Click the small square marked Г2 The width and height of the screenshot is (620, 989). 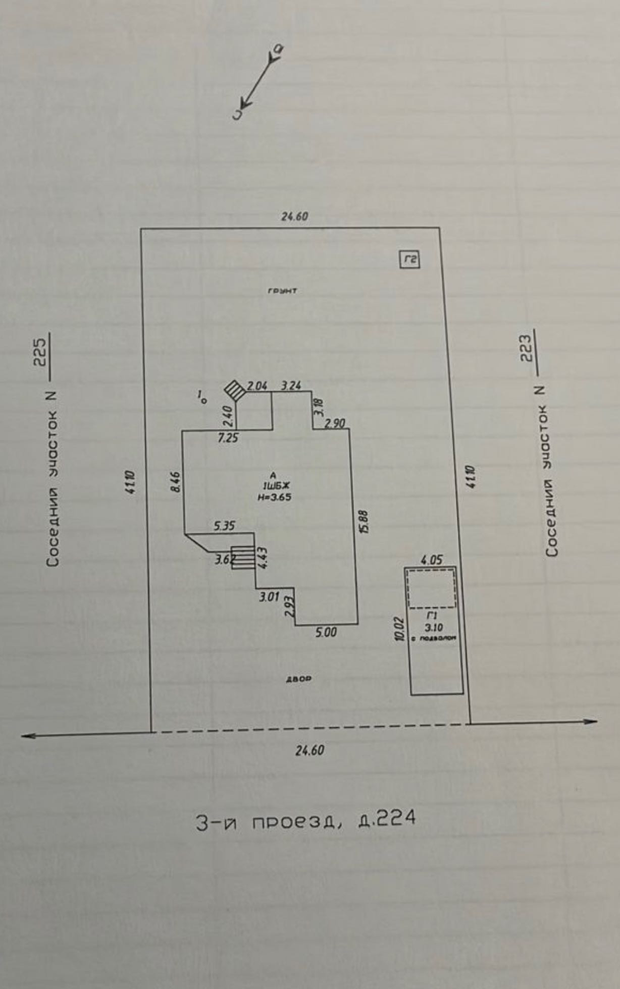410,260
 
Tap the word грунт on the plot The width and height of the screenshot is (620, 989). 283,291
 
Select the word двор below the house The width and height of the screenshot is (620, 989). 299,679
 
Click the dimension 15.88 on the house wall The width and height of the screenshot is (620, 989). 365,522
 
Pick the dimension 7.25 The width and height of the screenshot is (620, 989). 228,438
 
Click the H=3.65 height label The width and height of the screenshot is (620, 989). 274,497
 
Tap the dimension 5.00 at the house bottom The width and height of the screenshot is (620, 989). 326,632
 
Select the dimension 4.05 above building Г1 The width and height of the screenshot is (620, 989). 431,560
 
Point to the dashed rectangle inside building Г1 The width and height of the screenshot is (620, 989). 431,588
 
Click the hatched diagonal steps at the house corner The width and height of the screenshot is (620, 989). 234,390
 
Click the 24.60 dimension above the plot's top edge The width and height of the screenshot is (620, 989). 295,217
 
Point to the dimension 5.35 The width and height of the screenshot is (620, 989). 224,526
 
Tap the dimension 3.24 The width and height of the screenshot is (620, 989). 291,386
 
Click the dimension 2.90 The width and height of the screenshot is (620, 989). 335,423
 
